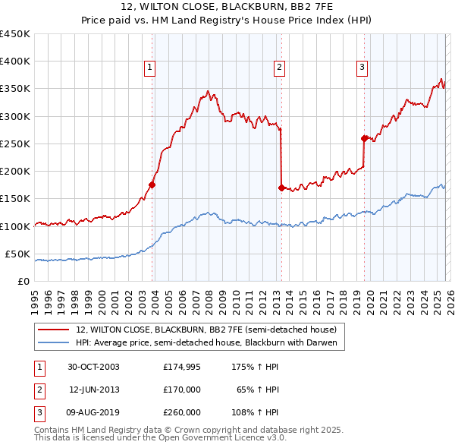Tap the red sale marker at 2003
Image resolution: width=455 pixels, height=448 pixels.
[x=152, y=185]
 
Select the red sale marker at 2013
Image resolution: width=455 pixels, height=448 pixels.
[x=281, y=188]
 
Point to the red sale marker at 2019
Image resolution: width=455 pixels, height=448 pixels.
[x=364, y=138]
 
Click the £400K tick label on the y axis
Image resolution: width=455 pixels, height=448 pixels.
[x=15, y=62]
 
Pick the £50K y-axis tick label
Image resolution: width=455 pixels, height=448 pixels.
[x=18, y=254]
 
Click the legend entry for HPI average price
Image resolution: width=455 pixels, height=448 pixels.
[x=210, y=343]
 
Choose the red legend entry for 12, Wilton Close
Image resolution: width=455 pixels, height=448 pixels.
[x=210, y=330]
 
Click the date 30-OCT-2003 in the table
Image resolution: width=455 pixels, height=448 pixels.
[x=93, y=367]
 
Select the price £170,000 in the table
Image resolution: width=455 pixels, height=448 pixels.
[x=182, y=390]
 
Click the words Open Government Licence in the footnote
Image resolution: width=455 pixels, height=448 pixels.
[x=216, y=438]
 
